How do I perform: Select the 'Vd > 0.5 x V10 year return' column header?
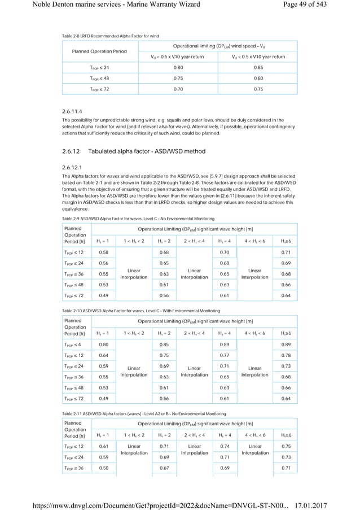point(258,56)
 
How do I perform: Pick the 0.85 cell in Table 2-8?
point(258,68)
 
